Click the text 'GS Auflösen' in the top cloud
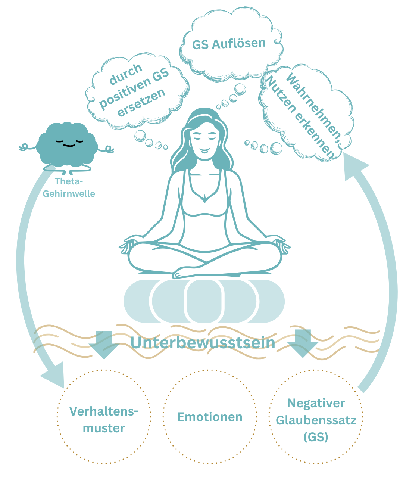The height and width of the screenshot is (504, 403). [229, 44]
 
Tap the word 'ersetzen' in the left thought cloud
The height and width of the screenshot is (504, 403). [141, 102]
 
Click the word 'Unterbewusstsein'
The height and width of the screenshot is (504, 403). [203, 343]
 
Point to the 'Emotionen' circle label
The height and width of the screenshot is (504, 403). [210, 417]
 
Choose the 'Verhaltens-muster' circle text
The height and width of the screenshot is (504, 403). [104, 420]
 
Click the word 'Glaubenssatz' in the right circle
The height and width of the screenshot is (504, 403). [316, 420]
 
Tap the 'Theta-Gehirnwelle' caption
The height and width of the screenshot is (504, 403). [69, 187]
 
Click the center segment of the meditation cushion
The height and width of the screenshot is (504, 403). [204, 301]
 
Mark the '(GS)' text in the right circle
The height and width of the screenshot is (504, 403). [316, 436]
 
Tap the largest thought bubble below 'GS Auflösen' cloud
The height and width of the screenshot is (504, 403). [240, 89]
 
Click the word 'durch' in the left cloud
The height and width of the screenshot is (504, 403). [126, 74]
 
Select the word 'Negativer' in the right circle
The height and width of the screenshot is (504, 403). [316, 403]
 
